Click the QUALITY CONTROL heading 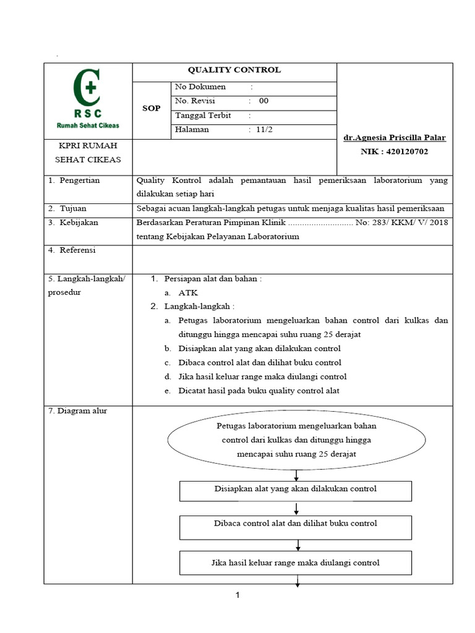[234, 70]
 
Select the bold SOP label [151, 108]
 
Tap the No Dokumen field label [201, 87]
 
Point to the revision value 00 [263, 101]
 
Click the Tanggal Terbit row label [203, 116]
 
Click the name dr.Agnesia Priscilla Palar [395, 138]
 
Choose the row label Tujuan [74, 208]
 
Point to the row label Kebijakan [79, 223]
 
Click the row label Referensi [78, 250]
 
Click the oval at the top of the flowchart [296, 440]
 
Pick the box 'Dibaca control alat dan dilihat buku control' [296, 524]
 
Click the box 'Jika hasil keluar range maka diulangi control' [296, 563]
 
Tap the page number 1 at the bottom [237, 595]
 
